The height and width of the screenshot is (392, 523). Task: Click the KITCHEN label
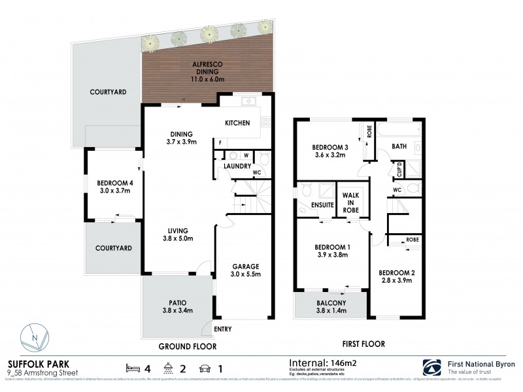point(237,123)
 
